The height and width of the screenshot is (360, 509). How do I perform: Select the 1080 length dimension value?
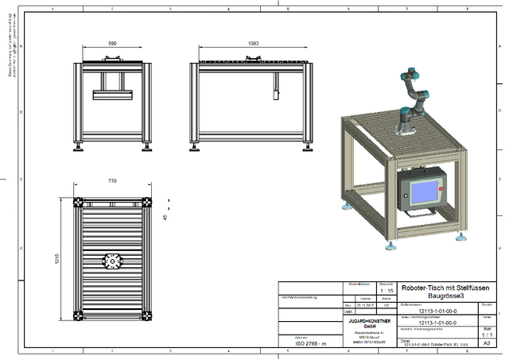coord(253,42)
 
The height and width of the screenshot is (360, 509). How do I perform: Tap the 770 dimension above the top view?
coord(111,181)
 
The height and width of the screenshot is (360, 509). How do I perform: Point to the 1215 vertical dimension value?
coord(58,260)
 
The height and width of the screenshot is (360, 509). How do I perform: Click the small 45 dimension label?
coord(165,216)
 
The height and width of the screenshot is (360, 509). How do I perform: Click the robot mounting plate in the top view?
coord(111,260)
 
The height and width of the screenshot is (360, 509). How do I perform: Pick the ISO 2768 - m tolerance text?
coord(311,343)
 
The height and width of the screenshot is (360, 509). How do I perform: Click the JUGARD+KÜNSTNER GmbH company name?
coord(369,323)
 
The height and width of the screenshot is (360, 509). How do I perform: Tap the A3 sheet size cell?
coord(487,343)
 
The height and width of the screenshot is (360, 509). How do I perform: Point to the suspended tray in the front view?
coord(111,95)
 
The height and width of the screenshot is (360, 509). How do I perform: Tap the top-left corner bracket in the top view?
coord(80,202)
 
